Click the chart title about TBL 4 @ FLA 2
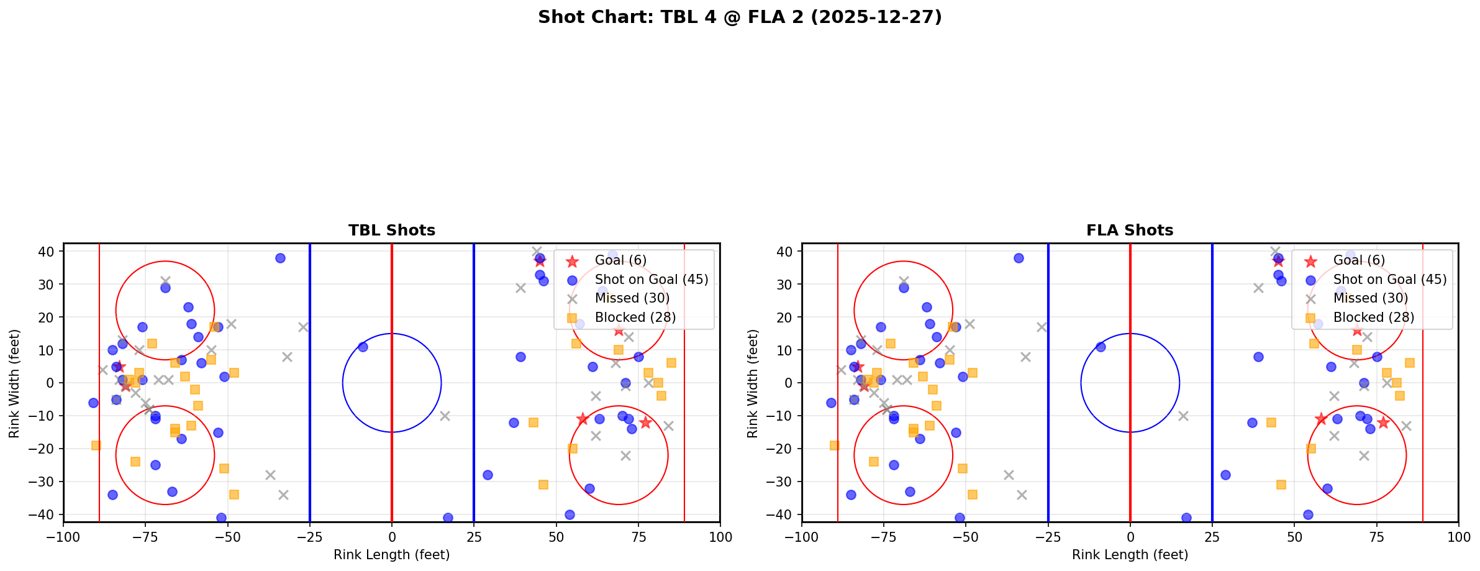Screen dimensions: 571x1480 pos(740,17)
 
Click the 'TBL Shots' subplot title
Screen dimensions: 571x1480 pos(391,231)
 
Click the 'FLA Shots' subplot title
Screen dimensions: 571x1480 pos(1130,231)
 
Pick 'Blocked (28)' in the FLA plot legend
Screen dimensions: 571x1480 pos(1373,317)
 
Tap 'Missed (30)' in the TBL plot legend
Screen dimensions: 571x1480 pos(632,298)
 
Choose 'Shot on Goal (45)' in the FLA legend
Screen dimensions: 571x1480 pos(1389,280)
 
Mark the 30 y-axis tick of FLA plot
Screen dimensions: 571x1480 pos(786,285)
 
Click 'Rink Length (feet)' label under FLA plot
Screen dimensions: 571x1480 pos(1130,555)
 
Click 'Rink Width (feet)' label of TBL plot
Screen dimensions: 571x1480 pos(14,383)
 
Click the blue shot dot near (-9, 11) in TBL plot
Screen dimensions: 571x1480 pos(363,347)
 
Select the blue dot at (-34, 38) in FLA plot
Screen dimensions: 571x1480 pos(1019,258)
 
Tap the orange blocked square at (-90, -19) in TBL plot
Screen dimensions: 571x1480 pos(96,445)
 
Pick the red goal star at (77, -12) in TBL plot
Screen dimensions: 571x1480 pos(645,423)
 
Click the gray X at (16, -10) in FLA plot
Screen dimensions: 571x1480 pos(1183,416)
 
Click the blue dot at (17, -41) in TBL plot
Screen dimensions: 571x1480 pos(448,518)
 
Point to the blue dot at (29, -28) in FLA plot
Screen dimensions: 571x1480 pos(1225,475)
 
